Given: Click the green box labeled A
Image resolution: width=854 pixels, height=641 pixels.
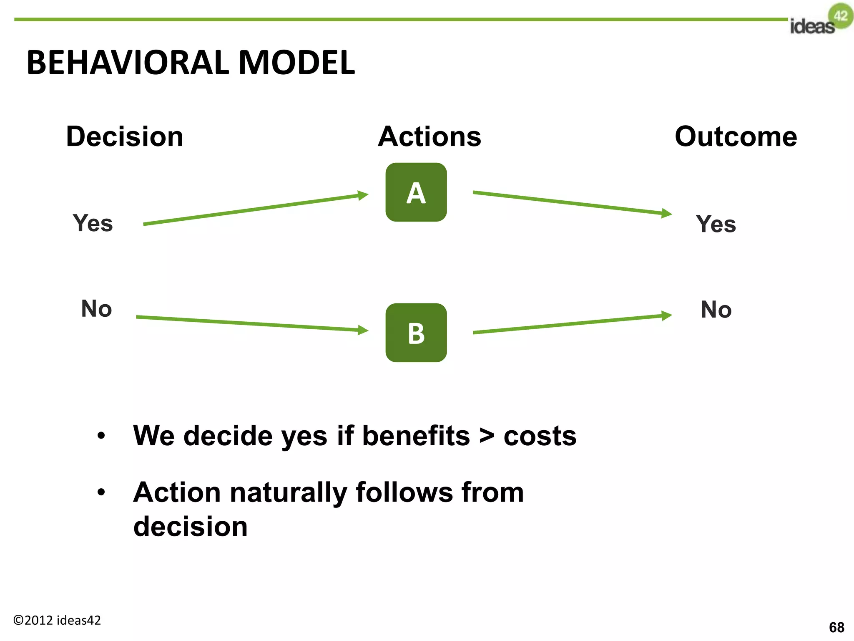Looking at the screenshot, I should [x=416, y=192].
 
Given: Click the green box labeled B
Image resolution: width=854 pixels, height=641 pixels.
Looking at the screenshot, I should [x=416, y=333].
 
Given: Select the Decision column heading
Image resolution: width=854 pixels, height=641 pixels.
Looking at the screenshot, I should [x=125, y=137].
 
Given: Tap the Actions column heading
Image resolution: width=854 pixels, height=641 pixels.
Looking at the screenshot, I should [x=430, y=137].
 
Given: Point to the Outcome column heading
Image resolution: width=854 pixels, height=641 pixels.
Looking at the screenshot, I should [x=736, y=137].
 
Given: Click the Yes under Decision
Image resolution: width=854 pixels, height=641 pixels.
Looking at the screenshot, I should [x=93, y=223].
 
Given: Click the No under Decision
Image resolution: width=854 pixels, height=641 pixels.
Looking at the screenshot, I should [x=96, y=309].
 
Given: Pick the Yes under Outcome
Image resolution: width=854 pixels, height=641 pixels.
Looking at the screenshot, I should [x=716, y=224].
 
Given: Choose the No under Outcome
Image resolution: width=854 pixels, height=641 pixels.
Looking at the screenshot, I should [x=716, y=310].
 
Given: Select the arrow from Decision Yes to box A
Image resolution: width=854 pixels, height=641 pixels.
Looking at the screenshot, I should [x=255, y=209].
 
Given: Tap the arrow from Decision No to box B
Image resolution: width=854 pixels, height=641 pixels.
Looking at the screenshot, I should [x=252, y=324].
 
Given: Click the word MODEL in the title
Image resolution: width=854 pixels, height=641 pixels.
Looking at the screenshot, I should [x=296, y=63].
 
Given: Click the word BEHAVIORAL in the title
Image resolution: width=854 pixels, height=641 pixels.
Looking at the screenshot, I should [x=128, y=63].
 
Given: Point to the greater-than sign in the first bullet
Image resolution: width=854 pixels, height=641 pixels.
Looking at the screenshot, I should [x=487, y=436].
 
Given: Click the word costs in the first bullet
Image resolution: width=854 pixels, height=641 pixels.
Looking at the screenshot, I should [x=540, y=436].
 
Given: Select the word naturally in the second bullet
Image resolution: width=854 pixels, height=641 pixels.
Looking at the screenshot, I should [x=289, y=493].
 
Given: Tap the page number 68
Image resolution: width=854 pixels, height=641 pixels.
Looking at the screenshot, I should [x=836, y=627].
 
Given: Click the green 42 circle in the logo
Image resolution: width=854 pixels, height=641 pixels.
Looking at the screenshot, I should [x=841, y=16].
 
